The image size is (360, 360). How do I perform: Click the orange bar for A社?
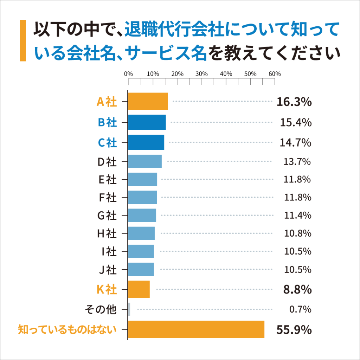tap(148, 102)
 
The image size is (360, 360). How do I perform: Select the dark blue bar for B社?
tap(147, 122)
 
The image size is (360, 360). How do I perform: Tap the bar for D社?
tap(145, 161)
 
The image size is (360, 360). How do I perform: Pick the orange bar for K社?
tap(139, 289)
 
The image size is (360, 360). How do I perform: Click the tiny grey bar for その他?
tap(129, 309)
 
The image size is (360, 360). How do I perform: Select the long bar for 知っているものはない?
tap(196, 329)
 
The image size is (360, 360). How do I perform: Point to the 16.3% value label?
tap(294, 102)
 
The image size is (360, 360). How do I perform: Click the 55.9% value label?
tap(294, 330)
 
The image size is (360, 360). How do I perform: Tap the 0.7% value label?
tap(300, 310)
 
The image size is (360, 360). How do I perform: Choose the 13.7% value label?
tap(297, 162)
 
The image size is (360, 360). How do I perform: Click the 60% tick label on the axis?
tap(275, 74)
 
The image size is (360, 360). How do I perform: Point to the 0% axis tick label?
tap(129, 74)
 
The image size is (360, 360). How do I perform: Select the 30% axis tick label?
tap(201, 74)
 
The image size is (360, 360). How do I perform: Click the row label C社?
tap(107, 143)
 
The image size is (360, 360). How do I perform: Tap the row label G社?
tap(107, 215)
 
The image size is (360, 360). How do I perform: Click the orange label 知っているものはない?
tap(67, 330)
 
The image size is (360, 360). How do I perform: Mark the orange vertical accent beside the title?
tap(23, 41)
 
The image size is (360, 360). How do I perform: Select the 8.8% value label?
tap(297, 290)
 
